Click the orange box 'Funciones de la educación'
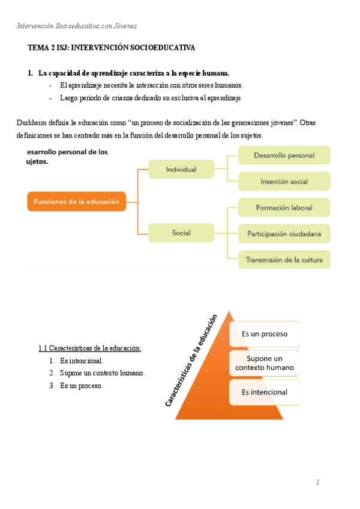point(76,202)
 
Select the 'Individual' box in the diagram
point(181,169)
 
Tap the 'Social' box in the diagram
point(181,233)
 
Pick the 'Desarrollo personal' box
point(284,155)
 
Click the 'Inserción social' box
point(284,181)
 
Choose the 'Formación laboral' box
point(284,208)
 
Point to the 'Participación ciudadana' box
point(284,233)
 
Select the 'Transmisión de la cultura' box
point(284,260)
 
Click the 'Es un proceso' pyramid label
point(265,334)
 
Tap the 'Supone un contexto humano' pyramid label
point(265,363)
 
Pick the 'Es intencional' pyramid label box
point(265,393)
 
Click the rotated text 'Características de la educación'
point(191,361)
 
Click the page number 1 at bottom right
point(318,482)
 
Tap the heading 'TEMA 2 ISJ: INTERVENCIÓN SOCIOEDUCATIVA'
point(112,47)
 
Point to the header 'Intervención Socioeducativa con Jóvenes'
point(77,26)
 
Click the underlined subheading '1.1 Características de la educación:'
point(89,348)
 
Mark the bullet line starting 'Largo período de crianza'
point(150,98)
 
